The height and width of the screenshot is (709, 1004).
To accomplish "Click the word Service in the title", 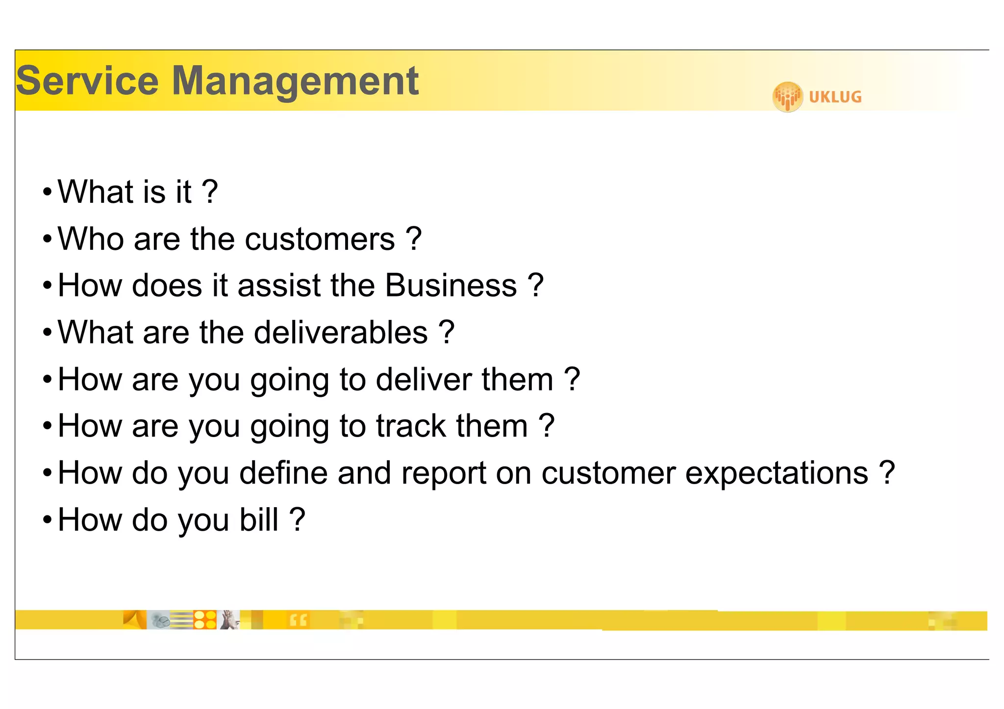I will coord(87,81).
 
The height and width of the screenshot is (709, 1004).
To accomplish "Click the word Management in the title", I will coord(295,81).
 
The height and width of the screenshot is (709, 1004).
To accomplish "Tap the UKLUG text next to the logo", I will coord(835,97).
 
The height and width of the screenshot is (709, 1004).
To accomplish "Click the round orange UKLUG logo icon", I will coord(787,97).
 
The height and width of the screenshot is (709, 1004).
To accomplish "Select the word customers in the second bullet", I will coord(320,240).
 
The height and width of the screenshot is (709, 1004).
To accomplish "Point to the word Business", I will coord(451,286).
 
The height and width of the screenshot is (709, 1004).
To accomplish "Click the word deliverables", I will coord(341,333).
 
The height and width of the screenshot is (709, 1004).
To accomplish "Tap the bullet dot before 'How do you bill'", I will coord(47,520).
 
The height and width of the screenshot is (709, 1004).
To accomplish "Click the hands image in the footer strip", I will coord(228,620).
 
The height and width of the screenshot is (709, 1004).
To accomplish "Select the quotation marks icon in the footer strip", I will coord(298,620).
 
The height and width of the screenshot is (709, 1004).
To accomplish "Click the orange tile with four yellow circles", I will coord(205,620).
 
